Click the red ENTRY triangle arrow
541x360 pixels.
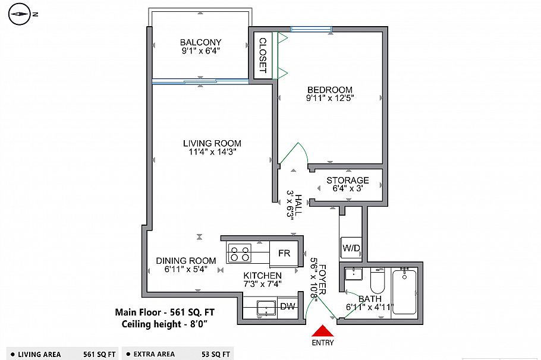point(322,331)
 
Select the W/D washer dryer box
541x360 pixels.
point(351,248)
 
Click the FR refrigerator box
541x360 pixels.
point(284,254)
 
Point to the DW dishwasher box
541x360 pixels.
point(287,307)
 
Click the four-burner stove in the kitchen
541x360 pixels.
point(240,254)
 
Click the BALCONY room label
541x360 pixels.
point(201,42)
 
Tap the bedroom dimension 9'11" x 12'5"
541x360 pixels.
point(330,99)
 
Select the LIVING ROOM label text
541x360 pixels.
point(212,143)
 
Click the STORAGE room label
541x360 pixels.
point(348,180)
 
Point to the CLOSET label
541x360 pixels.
point(262,56)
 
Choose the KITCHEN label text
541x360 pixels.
point(262,276)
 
